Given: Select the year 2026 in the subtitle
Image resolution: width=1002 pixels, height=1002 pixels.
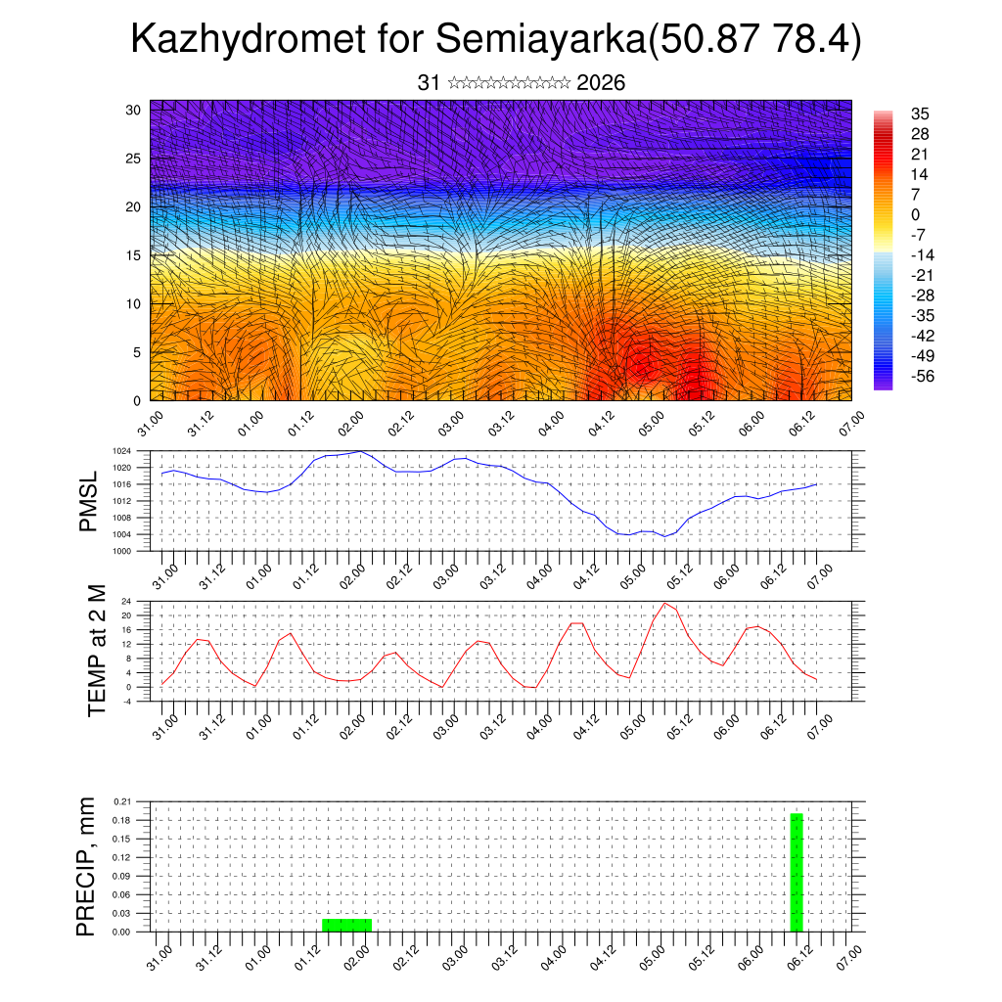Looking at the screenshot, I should (601, 83).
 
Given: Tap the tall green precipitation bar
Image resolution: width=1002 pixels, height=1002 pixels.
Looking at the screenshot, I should (797, 872).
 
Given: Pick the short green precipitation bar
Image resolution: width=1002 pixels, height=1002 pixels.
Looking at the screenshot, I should (346, 925).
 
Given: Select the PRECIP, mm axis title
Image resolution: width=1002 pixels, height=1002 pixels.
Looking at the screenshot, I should (87, 867).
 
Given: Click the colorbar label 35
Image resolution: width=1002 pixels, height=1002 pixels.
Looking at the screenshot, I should (919, 114).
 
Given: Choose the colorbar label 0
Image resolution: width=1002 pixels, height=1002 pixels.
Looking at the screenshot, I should (915, 214).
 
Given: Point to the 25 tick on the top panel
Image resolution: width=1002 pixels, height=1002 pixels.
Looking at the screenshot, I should (133, 158).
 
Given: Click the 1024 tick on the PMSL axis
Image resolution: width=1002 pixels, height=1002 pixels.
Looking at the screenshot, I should (121, 451).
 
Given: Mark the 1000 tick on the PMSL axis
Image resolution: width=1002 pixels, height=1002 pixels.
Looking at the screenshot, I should (121, 551).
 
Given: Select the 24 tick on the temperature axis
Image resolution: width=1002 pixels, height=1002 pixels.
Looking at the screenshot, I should (126, 601).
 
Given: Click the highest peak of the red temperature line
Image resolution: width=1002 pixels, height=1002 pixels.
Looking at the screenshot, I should (665, 603).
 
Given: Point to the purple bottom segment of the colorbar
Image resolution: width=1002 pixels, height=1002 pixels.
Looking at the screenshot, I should (884, 383).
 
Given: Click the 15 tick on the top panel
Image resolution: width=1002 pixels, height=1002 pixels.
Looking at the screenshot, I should (133, 255).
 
